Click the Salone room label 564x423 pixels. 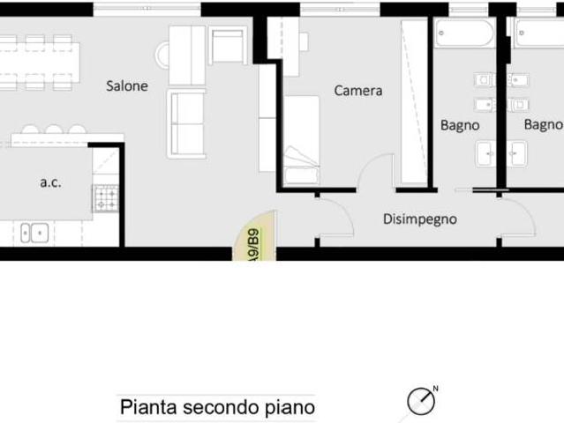tap(127, 86)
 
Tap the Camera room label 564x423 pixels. tap(357, 90)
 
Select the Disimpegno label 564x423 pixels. tap(419, 219)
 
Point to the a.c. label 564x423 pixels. tap(50, 182)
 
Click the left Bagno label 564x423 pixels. tap(460, 125)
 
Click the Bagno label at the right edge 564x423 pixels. tap(543, 125)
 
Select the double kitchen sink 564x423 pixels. tap(35, 233)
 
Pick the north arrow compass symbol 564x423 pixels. tap(421, 402)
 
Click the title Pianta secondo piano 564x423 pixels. tap(217, 408)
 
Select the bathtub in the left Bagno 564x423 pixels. tap(464, 34)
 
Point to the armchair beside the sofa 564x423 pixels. tap(228, 45)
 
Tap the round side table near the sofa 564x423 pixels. tap(164, 56)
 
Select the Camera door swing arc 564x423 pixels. tap(376, 169)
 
